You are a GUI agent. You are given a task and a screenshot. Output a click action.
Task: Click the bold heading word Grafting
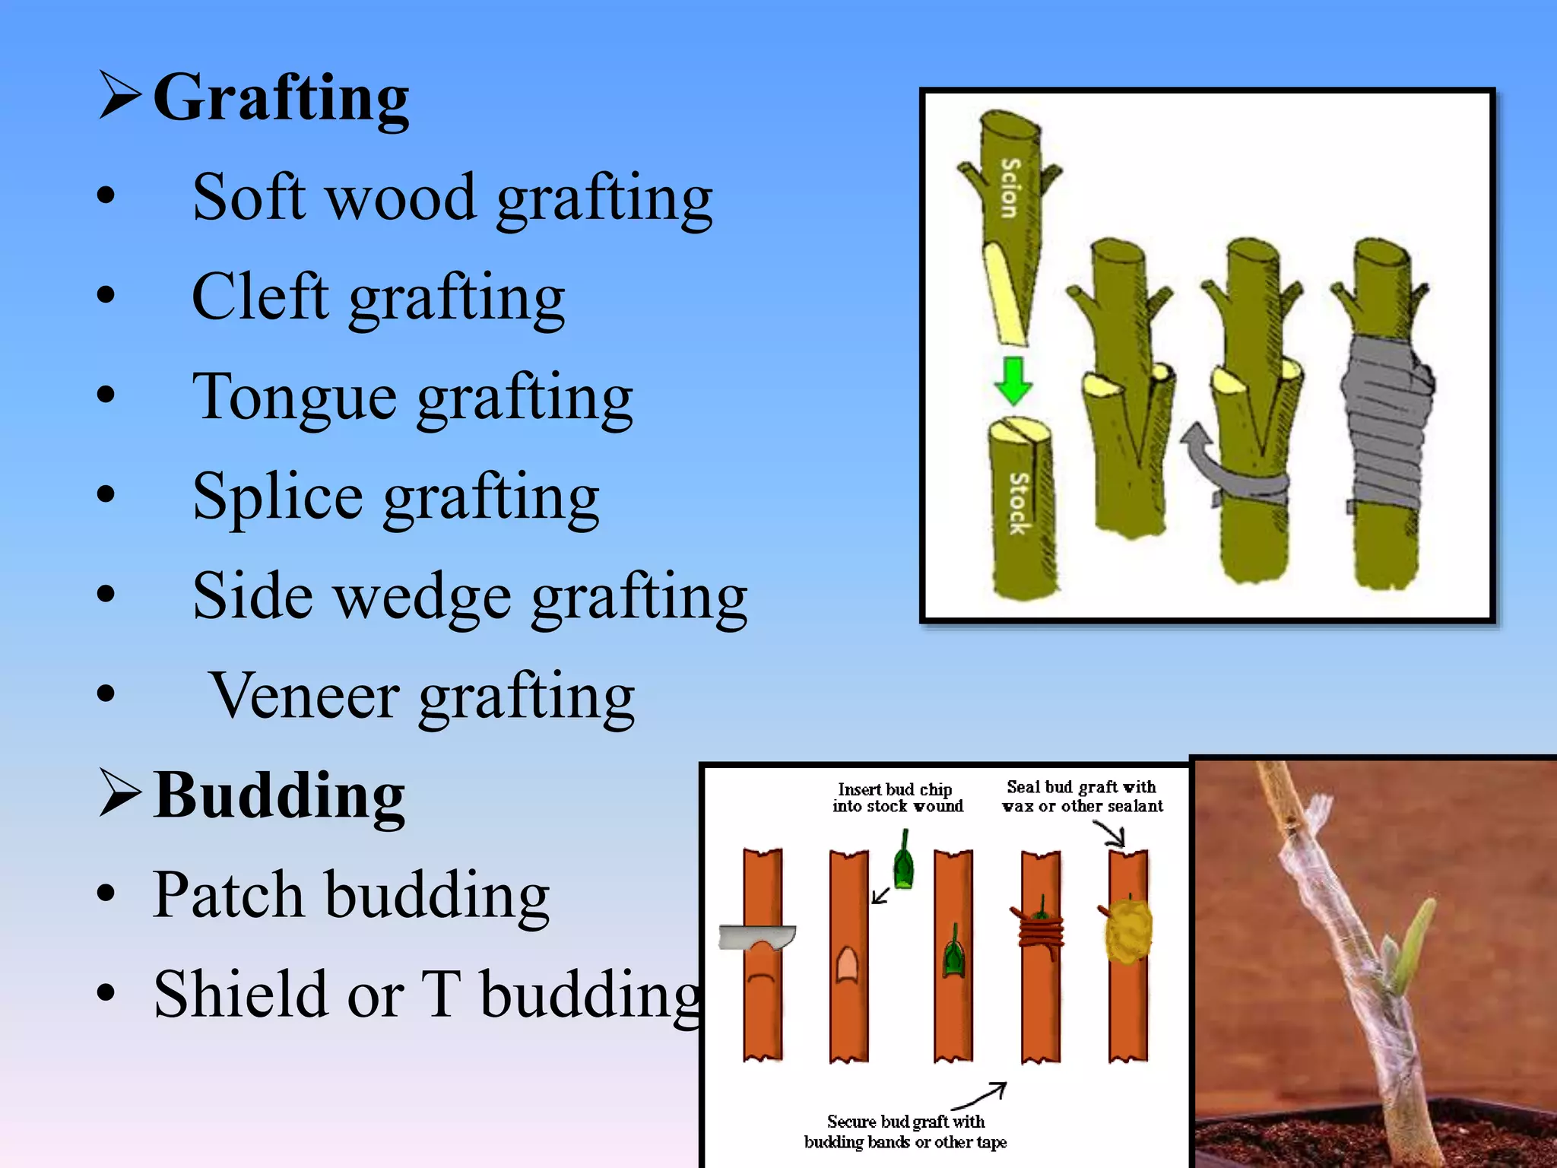(x=281, y=99)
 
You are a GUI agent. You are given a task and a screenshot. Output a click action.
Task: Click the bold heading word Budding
(x=279, y=796)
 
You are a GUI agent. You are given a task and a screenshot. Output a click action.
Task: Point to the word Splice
(x=277, y=497)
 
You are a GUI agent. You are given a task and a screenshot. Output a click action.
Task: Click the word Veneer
(x=304, y=696)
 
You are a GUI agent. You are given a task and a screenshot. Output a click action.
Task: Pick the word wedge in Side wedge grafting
(x=423, y=597)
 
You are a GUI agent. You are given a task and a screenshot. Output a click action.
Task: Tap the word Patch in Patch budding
(x=228, y=895)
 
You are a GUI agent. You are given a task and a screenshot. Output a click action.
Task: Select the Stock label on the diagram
(x=1019, y=503)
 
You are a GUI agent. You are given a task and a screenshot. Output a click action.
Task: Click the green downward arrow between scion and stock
(x=1013, y=380)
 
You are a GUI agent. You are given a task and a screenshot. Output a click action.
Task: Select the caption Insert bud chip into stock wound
(x=897, y=798)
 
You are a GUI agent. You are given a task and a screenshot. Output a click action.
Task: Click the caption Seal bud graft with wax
(x=1082, y=796)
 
